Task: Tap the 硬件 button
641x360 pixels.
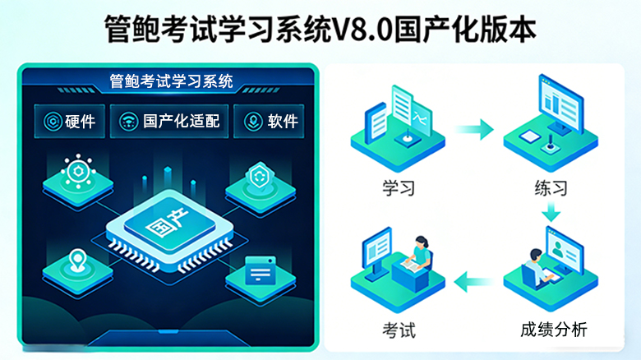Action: click(x=70, y=122)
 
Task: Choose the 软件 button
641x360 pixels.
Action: click(x=271, y=122)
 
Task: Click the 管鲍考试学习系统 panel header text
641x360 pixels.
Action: click(x=170, y=81)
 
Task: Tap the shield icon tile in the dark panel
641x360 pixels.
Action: click(x=260, y=182)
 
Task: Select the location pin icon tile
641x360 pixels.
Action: click(x=78, y=265)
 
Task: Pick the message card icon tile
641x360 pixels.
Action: click(x=260, y=271)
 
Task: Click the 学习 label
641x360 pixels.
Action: click(x=399, y=188)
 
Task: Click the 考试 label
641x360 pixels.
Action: click(x=399, y=330)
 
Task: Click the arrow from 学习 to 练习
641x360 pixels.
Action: click(x=474, y=129)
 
